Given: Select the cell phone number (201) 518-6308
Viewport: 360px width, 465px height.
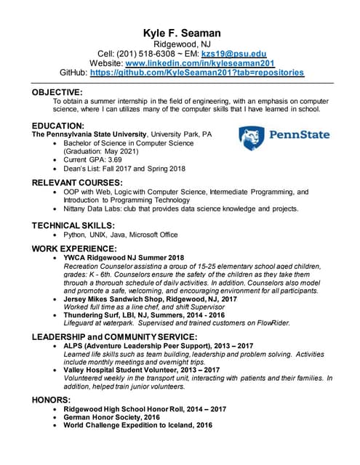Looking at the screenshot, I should [x=150, y=54].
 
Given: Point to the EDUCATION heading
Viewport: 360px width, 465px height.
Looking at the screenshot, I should [x=58, y=125].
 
